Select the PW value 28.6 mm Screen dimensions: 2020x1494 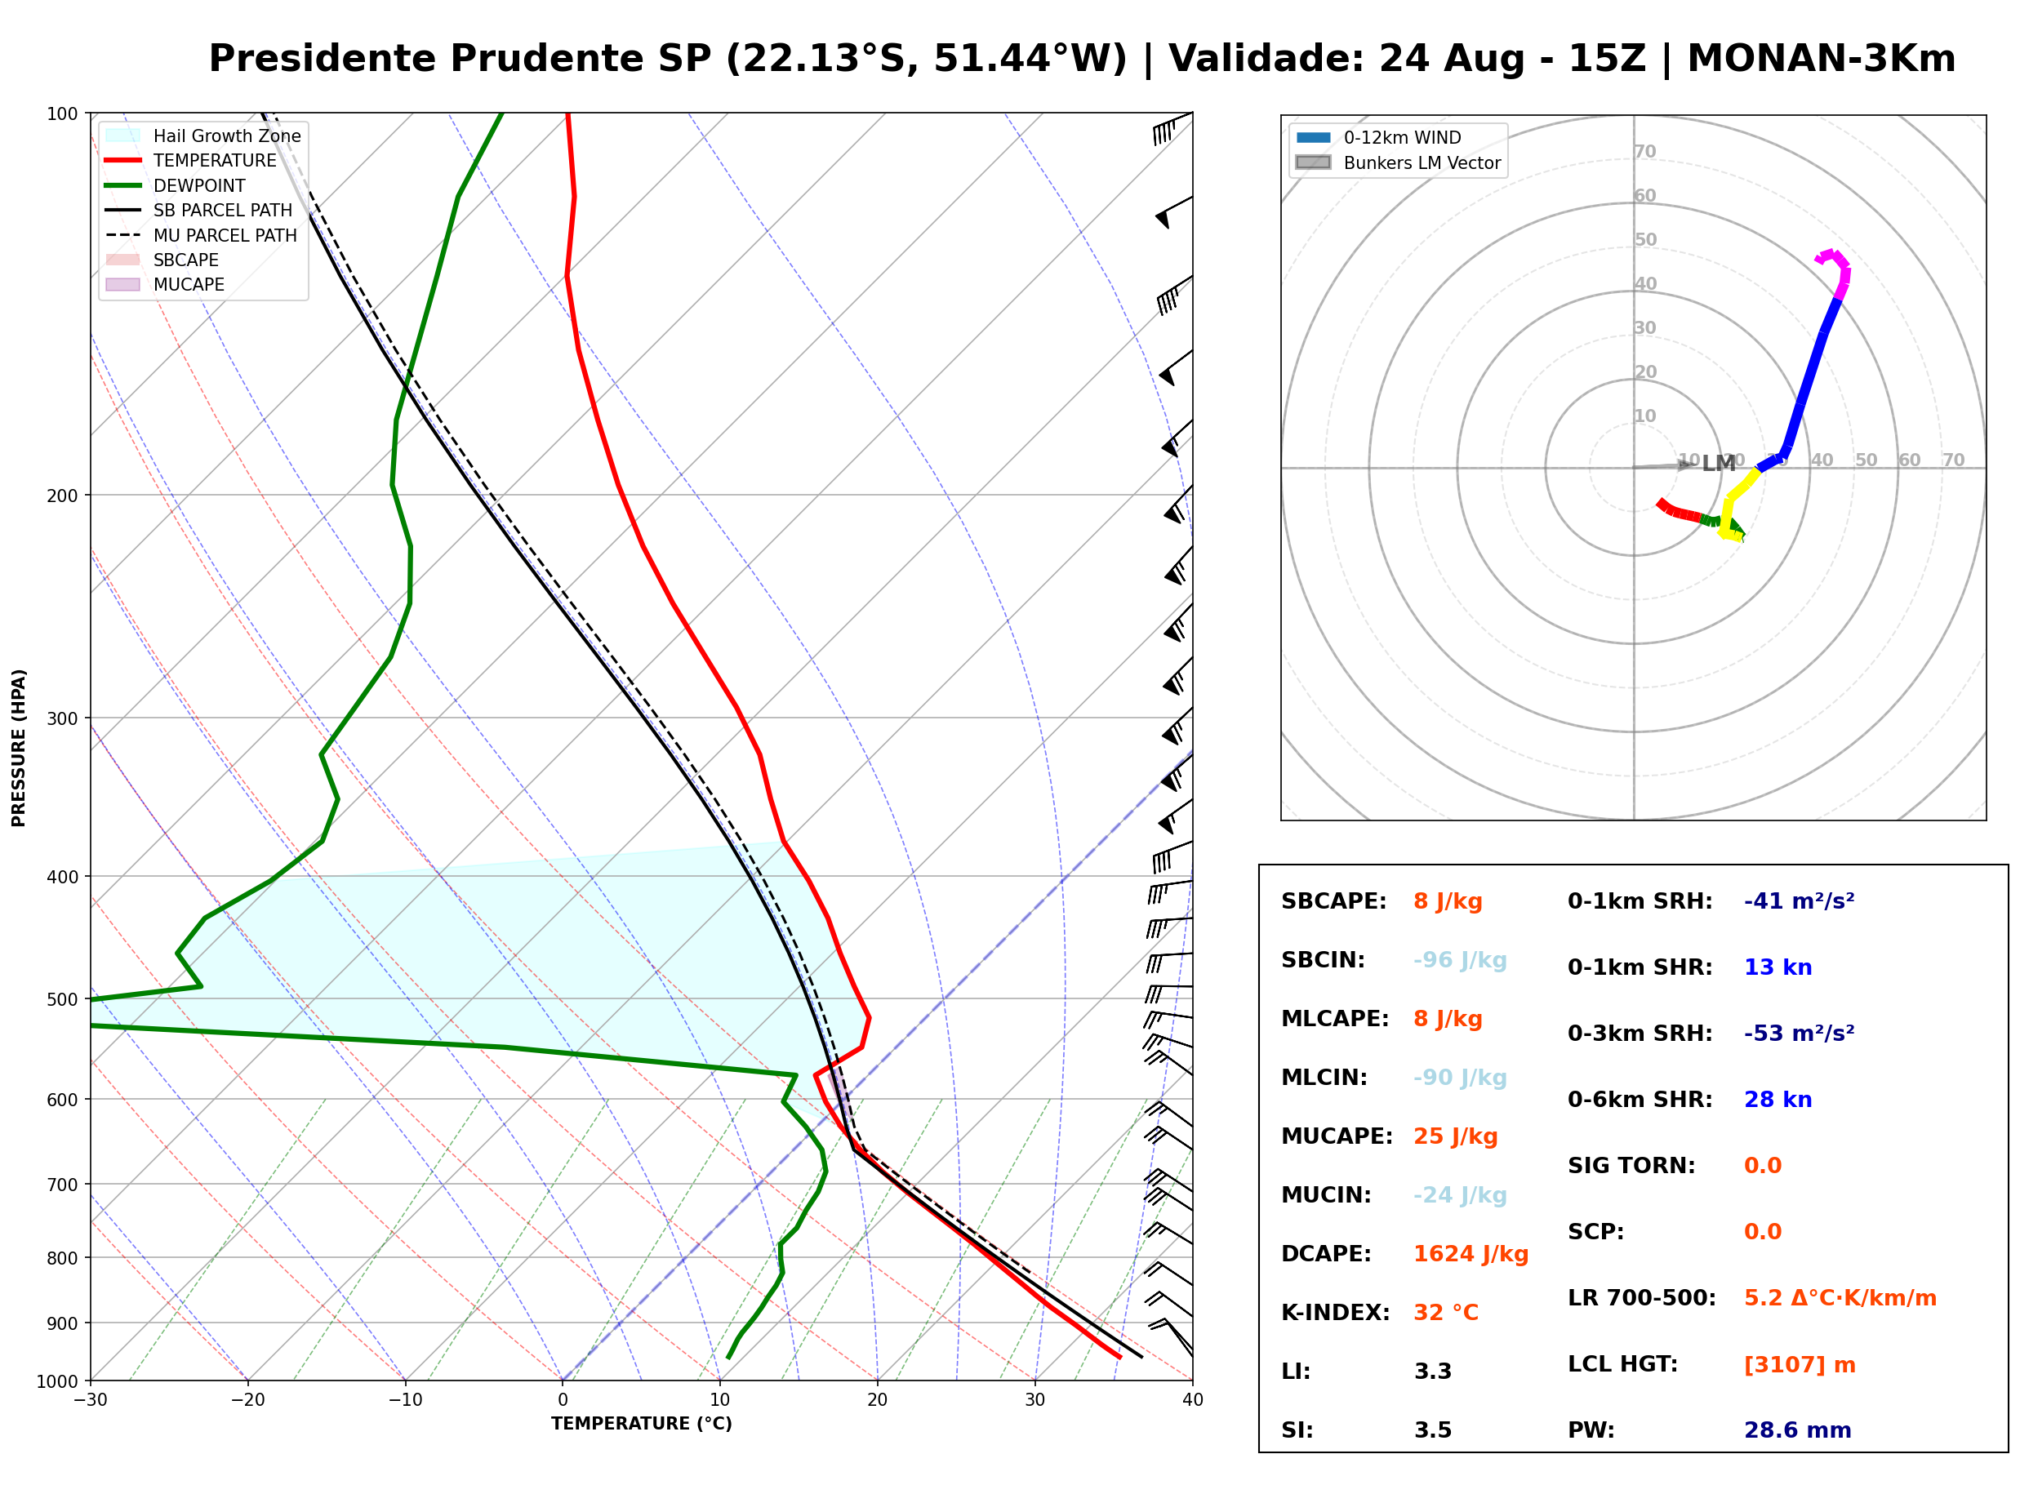click(1798, 1430)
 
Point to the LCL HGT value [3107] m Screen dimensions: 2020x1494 click(1800, 1366)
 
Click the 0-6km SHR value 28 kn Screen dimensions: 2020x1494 click(1778, 1100)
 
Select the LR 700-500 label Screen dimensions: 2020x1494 click(1641, 1299)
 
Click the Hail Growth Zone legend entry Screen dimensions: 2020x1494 click(203, 136)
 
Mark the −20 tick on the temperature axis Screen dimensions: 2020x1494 click(247, 1400)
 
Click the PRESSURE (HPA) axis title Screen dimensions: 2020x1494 click(18, 748)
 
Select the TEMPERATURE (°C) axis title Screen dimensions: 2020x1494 click(642, 1424)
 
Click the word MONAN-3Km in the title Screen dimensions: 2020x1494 click(1821, 58)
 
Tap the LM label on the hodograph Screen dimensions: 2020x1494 click(1719, 464)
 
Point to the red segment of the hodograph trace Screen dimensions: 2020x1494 click(1678, 512)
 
